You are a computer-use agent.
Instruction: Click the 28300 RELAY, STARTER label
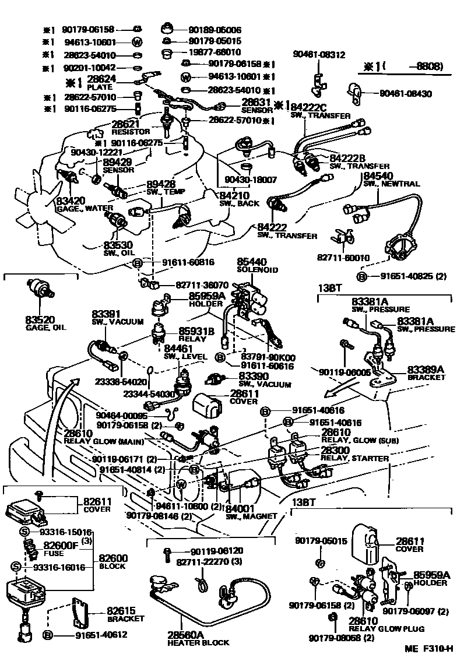[354, 455]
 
